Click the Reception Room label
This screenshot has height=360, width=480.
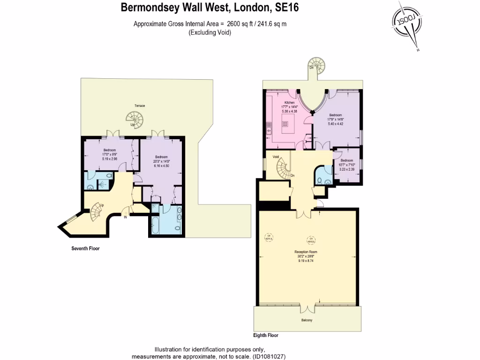(x=307, y=252)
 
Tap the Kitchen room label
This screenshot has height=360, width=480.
(x=289, y=102)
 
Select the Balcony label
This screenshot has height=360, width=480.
(x=307, y=320)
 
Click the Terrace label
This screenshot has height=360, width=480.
(x=140, y=106)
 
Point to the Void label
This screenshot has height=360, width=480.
(x=276, y=157)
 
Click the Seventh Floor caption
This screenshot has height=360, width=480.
(x=82, y=248)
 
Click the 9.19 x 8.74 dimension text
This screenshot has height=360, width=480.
(x=307, y=261)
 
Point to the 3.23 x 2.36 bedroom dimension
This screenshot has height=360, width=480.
(x=347, y=169)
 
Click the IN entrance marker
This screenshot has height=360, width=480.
(x=126, y=217)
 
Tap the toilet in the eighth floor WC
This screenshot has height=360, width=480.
(x=319, y=180)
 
